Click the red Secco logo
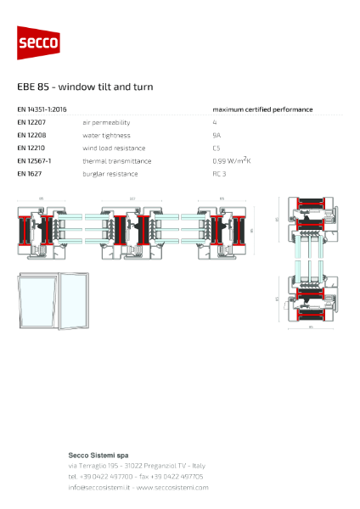(x=39, y=43)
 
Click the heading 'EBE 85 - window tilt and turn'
(x=85, y=87)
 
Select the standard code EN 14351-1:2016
(x=42, y=109)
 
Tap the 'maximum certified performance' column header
(x=262, y=109)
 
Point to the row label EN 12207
(x=32, y=122)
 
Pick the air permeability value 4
(x=215, y=122)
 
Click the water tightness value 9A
(x=217, y=135)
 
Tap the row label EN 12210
(x=32, y=148)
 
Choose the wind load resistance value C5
(x=217, y=148)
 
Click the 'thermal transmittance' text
(x=116, y=160)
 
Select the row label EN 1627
(x=31, y=173)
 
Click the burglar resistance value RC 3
(x=219, y=173)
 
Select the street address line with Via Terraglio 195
(x=137, y=466)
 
